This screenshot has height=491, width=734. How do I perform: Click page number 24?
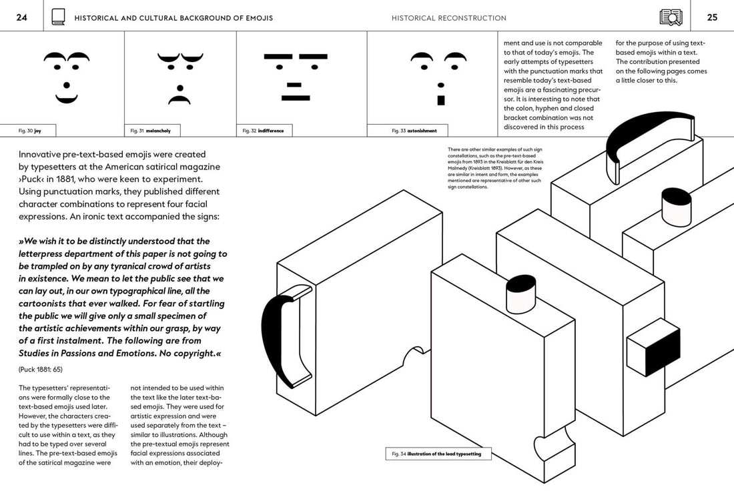(x=21, y=18)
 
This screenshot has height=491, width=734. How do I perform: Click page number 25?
(x=712, y=18)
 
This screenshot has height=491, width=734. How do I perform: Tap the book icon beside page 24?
(x=59, y=17)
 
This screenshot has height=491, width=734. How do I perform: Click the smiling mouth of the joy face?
(x=67, y=99)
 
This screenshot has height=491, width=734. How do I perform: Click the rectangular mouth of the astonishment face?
(x=440, y=101)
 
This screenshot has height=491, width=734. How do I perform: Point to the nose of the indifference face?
(x=294, y=84)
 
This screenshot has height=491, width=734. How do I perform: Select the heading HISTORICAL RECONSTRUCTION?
(x=448, y=18)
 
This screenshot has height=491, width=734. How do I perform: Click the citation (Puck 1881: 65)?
(x=41, y=369)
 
